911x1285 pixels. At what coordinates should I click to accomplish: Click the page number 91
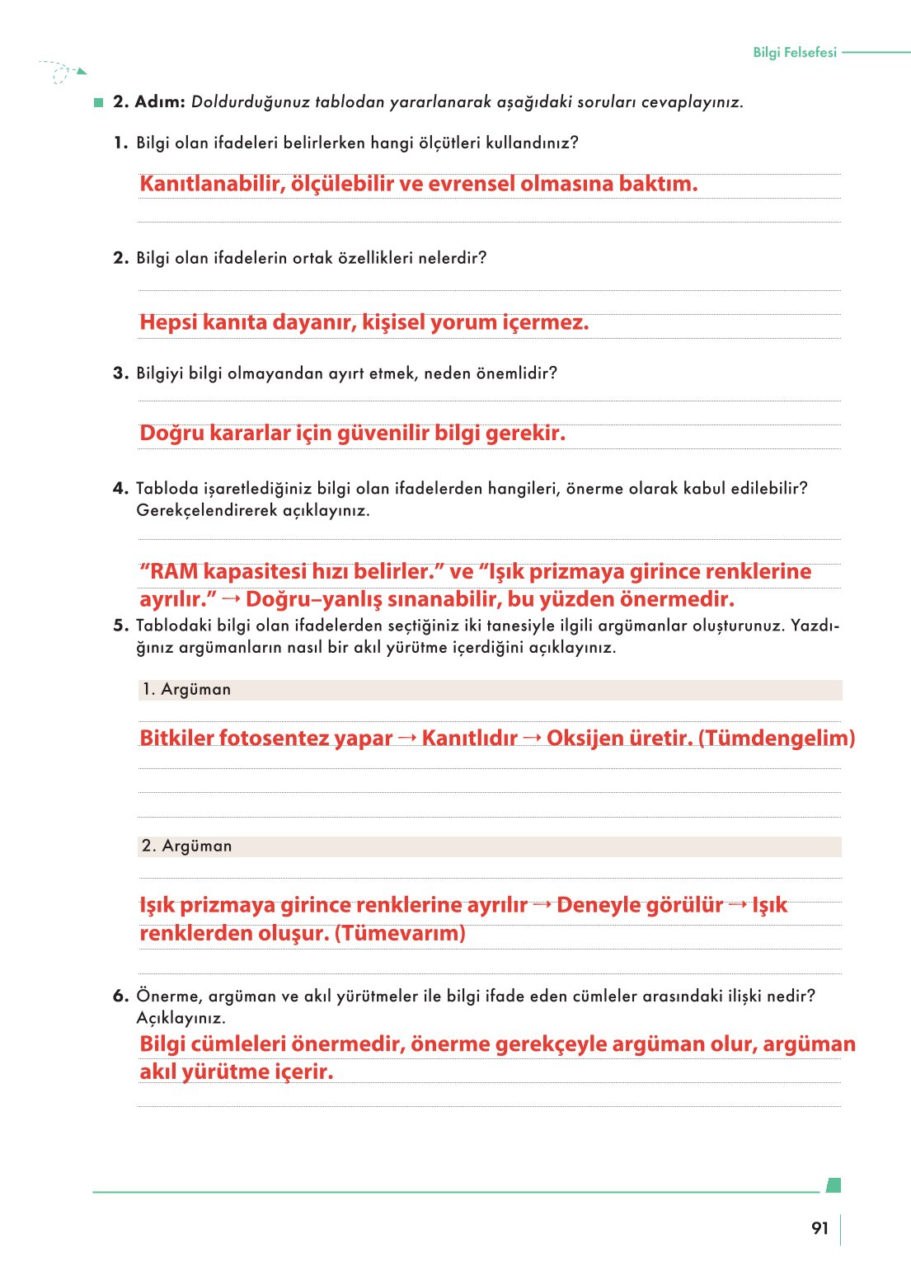(x=819, y=1228)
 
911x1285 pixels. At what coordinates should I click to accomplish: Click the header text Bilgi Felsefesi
(x=794, y=52)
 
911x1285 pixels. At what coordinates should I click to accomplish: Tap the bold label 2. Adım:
(x=148, y=101)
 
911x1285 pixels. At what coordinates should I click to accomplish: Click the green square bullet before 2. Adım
(x=99, y=102)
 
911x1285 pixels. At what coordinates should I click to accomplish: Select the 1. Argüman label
(x=186, y=690)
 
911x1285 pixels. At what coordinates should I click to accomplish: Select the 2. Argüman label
(x=187, y=847)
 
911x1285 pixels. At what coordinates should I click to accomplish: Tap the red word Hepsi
(x=168, y=322)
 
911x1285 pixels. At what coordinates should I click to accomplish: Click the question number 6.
(x=120, y=996)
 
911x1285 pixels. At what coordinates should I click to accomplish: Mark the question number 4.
(x=120, y=488)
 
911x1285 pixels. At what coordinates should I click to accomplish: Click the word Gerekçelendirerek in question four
(x=207, y=510)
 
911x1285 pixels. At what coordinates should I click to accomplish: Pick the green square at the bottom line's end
(x=834, y=1185)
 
